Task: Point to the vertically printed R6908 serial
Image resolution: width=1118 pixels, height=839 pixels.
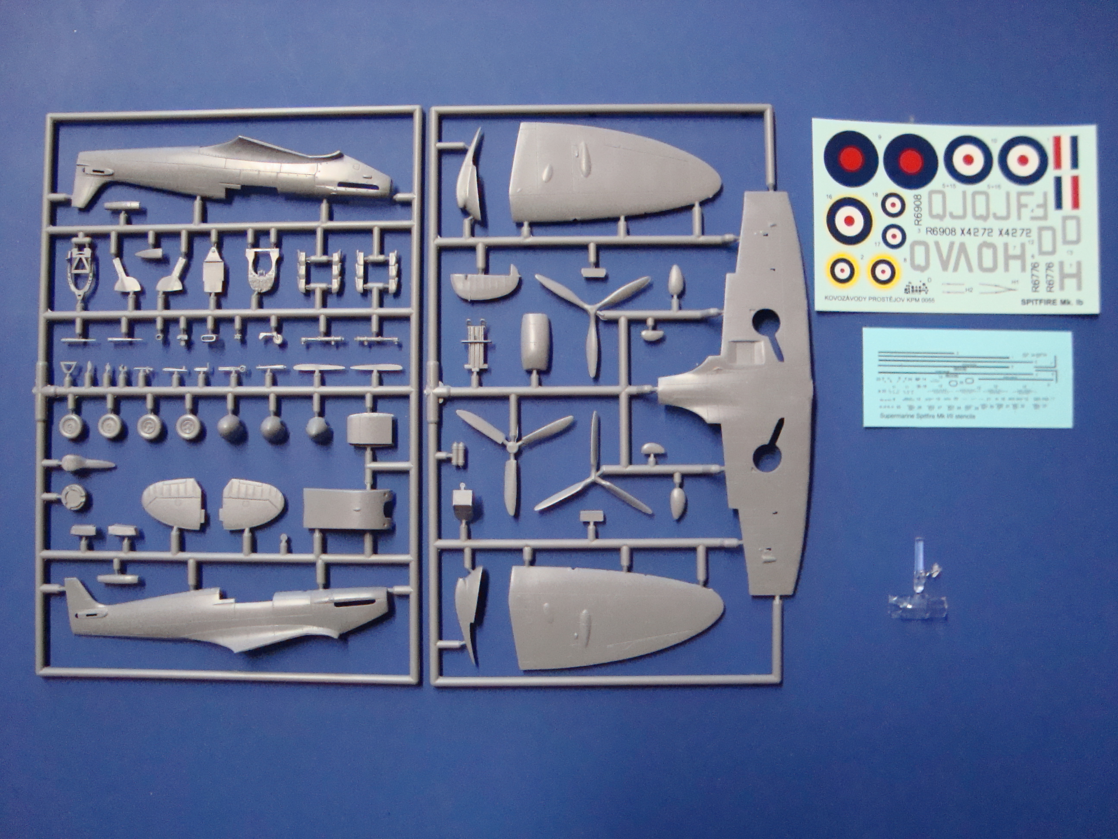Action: click(x=918, y=209)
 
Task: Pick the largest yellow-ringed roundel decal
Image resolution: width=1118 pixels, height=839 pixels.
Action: click(x=850, y=220)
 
